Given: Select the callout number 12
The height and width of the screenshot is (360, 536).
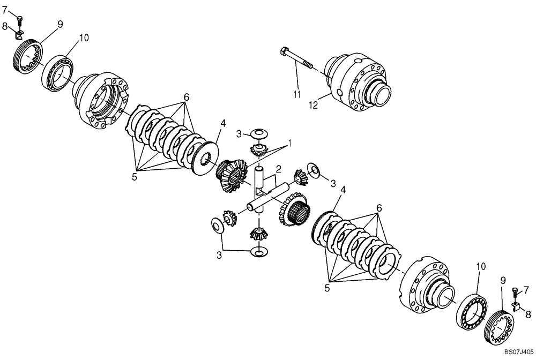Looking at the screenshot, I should click(313, 106).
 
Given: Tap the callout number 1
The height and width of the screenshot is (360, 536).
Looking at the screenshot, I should click(289, 144).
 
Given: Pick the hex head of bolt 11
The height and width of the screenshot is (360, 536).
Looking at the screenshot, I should click(285, 52).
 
